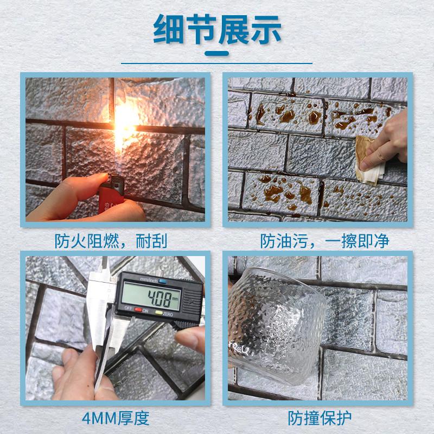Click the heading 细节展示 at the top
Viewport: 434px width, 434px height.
(x=217, y=30)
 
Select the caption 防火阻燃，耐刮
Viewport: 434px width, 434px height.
(x=111, y=240)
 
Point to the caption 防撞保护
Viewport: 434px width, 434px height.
(x=321, y=418)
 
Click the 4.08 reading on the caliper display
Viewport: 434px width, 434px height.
(x=155, y=297)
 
